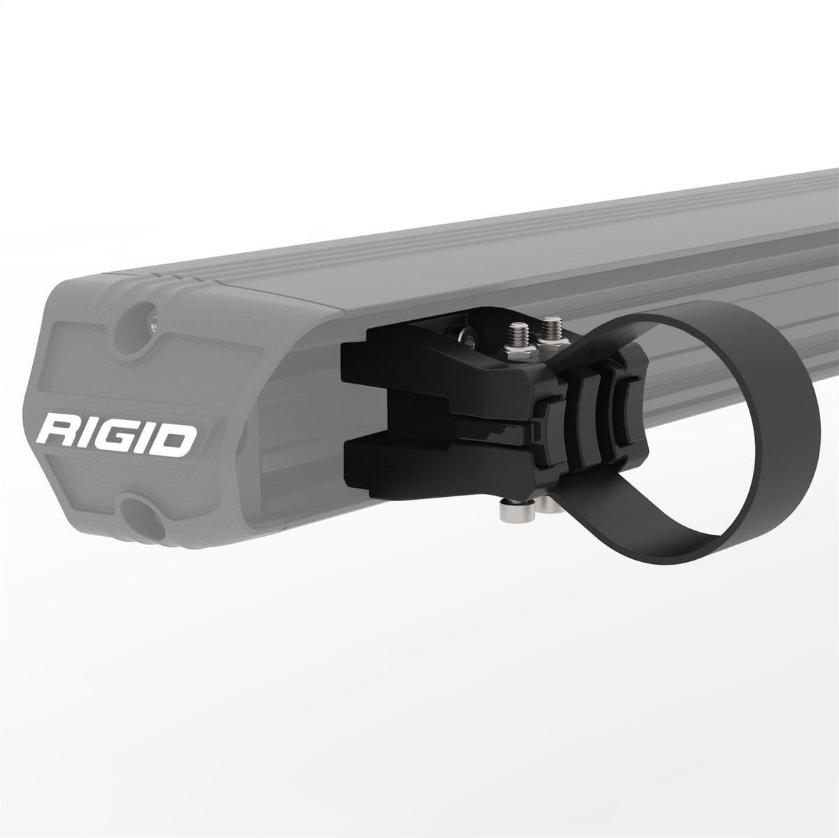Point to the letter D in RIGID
click(173, 438)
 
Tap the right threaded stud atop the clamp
click(548, 327)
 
